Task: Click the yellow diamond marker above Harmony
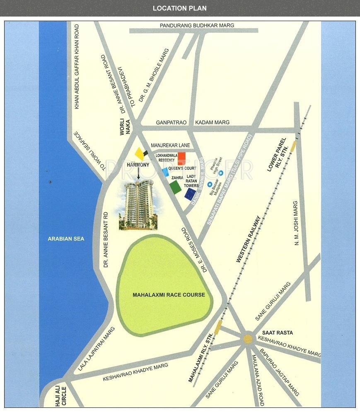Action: coord(139,153)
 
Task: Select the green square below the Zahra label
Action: coord(175,187)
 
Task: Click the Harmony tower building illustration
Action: coord(138,205)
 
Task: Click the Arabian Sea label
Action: coord(66,239)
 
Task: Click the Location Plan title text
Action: coord(179,8)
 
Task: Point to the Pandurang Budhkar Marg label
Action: coord(197,26)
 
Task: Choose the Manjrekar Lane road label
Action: coord(170,145)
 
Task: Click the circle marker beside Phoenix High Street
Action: coord(221,173)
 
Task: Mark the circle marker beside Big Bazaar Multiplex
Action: coord(210,184)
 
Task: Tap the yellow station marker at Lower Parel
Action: coord(293,145)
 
